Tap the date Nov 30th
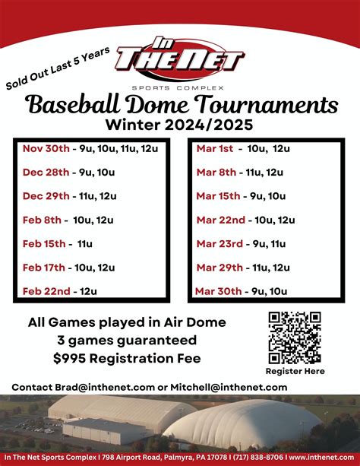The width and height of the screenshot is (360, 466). [x=46, y=147]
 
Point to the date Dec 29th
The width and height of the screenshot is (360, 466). [x=46, y=195]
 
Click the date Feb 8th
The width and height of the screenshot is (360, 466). [x=43, y=220]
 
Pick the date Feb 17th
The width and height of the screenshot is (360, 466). [x=45, y=267]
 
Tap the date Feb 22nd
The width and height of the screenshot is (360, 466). [x=46, y=291]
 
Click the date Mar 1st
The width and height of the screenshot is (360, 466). [x=216, y=147]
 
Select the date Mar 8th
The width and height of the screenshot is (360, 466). [x=216, y=172]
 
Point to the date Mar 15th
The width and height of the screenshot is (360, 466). [x=219, y=195]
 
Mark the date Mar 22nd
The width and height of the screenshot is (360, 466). [x=221, y=220]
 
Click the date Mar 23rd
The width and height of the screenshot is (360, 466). [x=220, y=243]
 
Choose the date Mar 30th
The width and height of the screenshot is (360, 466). [x=219, y=290]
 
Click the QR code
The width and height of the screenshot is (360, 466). [x=295, y=338]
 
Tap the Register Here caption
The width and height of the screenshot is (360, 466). [x=295, y=371]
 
